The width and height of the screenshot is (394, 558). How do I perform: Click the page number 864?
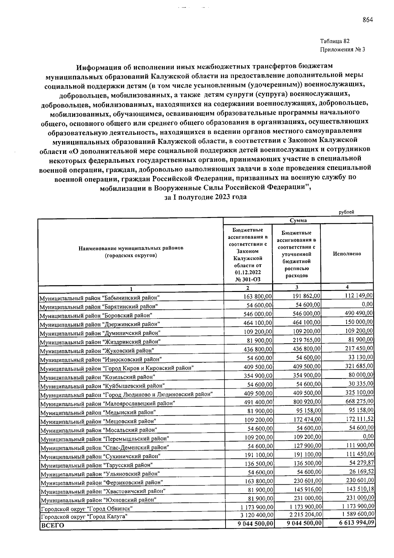[368, 20]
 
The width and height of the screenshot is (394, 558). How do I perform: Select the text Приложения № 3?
[342, 50]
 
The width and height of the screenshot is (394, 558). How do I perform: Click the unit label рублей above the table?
[346, 212]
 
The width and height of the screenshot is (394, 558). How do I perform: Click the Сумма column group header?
[298, 220]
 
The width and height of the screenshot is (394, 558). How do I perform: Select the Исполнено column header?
[347, 254]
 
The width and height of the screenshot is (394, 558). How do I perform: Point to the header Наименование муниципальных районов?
[131, 248]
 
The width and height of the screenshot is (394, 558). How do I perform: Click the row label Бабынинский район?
[99, 298]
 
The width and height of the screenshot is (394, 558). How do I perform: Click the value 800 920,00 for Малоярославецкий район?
[307, 401]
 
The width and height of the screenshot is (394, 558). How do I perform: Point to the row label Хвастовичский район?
[102, 491]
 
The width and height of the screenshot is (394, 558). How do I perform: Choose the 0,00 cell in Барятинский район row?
[367, 304]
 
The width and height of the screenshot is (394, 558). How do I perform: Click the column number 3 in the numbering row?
[297, 287]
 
